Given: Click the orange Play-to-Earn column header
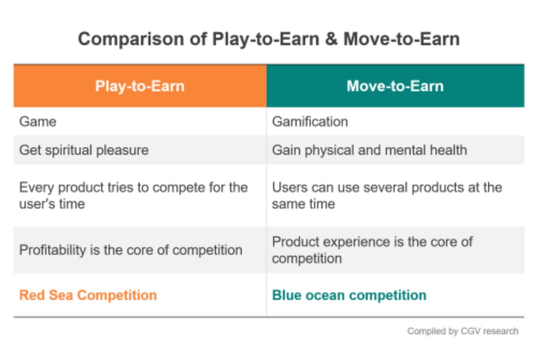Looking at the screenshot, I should (140, 86).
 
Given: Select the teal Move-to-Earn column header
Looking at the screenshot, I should (395, 86).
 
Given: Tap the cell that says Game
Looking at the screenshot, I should (38, 121).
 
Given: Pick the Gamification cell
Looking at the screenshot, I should (310, 121).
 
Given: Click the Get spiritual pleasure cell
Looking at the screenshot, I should (84, 150).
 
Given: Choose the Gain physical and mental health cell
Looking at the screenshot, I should (369, 150).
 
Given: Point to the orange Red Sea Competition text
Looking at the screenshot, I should (88, 295).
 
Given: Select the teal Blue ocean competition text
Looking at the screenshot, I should (349, 295).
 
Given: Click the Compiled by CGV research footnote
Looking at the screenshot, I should (462, 331).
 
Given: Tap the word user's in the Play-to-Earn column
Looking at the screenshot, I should (37, 204).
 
